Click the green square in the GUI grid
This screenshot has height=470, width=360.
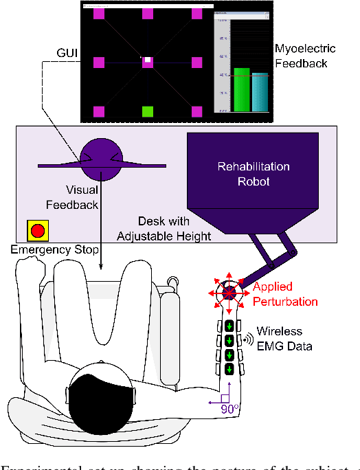click(147, 111)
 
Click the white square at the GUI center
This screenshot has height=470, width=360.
click(147, 61)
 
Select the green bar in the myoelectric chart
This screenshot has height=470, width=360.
click(240, 89)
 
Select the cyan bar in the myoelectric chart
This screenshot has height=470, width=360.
click(258, 91)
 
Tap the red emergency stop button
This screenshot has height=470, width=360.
click(36, 231)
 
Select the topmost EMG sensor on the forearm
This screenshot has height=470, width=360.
click(229, 326)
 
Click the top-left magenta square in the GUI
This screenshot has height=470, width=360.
click(99, 14)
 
